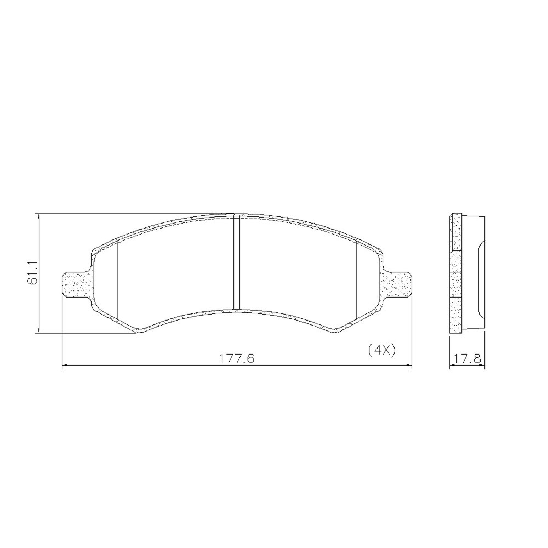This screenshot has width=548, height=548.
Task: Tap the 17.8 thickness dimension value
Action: coord(467,359)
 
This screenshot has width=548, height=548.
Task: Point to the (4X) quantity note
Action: coord(381,350)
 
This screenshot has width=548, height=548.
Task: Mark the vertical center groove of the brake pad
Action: coord(237,263)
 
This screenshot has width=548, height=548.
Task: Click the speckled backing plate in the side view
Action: coord(455,272)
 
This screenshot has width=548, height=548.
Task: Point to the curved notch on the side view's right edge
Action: coord(481,279)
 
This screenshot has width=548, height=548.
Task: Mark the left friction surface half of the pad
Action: coord(175,269)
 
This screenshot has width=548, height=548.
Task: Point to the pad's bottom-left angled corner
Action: coord(136,329)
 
